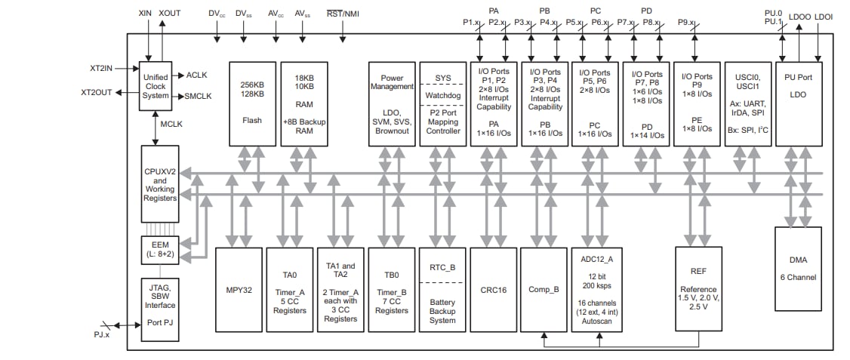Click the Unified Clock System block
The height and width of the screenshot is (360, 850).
[x=156, y=87]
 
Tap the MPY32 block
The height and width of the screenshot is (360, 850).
[x=238, y=289]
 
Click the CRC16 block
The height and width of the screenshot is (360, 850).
[x=493, y=289]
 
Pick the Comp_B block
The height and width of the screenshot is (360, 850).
[x=544, y=289]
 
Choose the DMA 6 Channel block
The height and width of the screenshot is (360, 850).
[x=798, y=269]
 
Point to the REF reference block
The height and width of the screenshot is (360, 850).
[x=698, y=289]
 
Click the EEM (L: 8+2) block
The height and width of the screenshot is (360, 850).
[x=159, y=249]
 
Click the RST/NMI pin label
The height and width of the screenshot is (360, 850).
[x=342, y=14]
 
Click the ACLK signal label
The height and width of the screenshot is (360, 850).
[x=196, y=75]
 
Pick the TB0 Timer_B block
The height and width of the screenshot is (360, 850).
[x=391, y=289]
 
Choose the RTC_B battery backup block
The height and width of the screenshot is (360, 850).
[x=442, y=289]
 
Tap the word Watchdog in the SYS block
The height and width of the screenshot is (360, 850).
[x=442, y=95]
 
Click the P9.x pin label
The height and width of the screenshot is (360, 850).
[x=686, y=23]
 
